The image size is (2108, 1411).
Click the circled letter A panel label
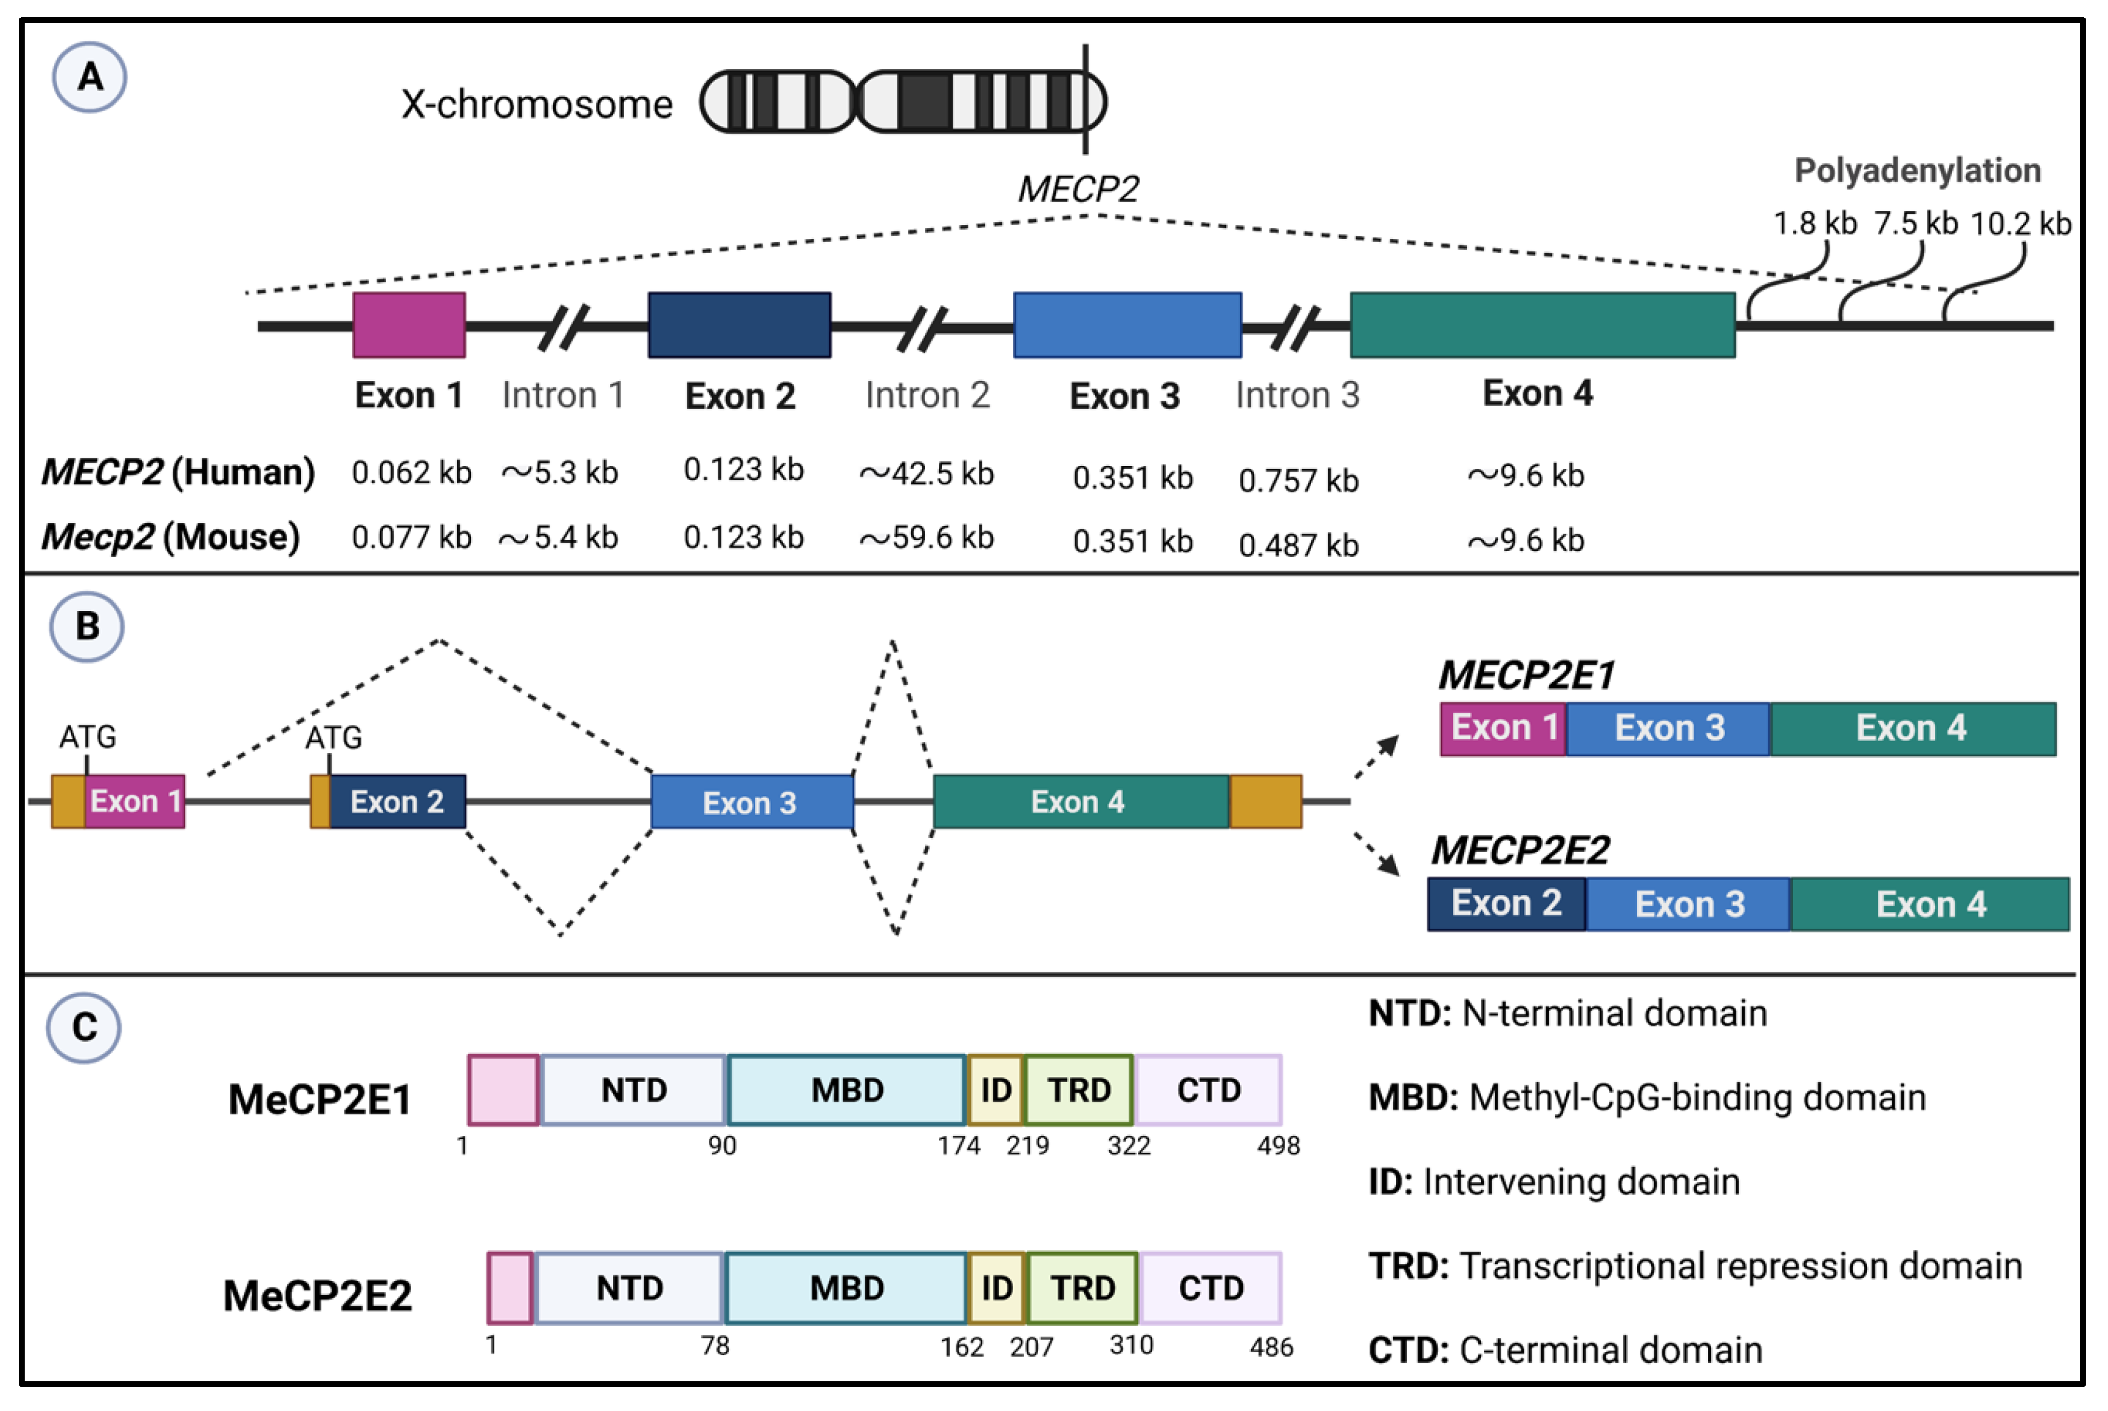click(x=89, y=77)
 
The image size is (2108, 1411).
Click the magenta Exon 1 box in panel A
click(x=409, y=325)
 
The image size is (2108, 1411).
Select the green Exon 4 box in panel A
click(x=1542, y=325)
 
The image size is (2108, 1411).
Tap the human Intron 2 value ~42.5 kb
click(x=926, y=474)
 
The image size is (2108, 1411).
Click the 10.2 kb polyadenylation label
click(x=2020, y=223)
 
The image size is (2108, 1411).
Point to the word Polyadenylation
click(x=1917, y=170)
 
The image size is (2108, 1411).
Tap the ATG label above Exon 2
click(x=333, y=738)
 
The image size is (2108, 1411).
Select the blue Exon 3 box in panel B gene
click(x=751, y=802)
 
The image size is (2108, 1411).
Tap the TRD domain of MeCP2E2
click(x=1082, y=1288)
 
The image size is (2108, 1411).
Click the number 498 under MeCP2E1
click(x=1278, y=1145)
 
